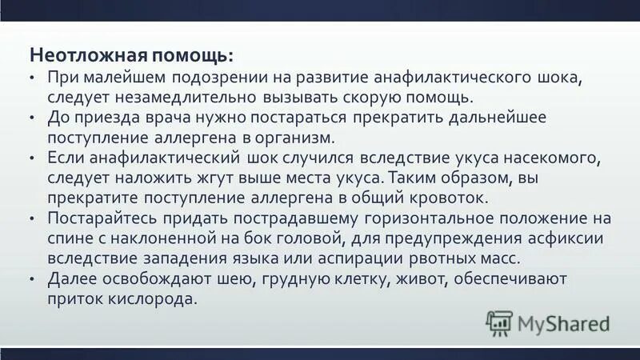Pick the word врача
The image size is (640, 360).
155,118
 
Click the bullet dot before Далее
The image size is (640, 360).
30,279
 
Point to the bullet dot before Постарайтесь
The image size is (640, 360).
30,218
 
